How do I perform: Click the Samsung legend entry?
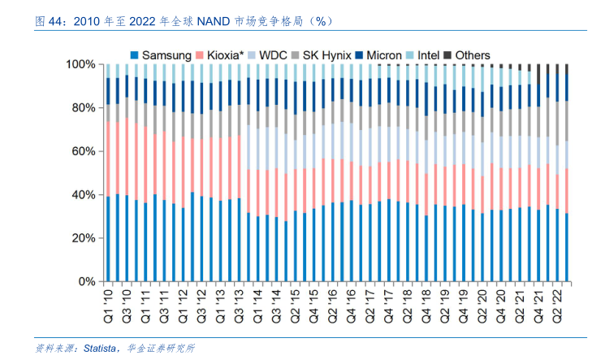pyautogui.click(x=161, y=55)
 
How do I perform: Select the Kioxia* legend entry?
pyautogui.click(x=220, y=55)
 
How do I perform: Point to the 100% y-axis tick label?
pyautogui.click(x=81, y=64)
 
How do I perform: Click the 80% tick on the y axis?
pyautogui.click(x=84, y=108)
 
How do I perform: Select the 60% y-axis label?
pyautogui.click(x=84, y=151)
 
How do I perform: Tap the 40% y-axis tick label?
pyautogui.click(x=84, y=195)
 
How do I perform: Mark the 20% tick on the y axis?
pyautogui.click(x=84, y=238)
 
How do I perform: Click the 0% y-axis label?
pyautogui.click(x=88, y=282)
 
